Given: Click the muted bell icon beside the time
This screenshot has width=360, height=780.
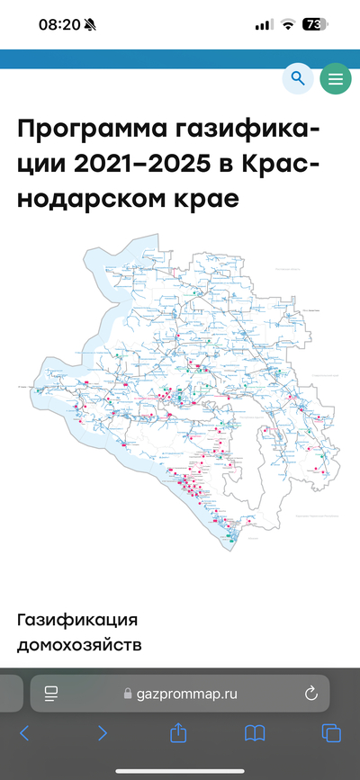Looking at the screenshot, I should coord(91,25).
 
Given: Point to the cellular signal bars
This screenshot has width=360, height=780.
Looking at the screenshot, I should coord(264,25).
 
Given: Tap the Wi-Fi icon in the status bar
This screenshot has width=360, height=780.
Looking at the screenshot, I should coord(288,25).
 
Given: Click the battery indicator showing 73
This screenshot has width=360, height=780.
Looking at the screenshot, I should coord(315,25).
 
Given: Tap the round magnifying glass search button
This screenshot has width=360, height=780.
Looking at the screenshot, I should coord(298,79).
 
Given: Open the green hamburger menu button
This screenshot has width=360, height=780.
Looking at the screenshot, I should coord(336,79).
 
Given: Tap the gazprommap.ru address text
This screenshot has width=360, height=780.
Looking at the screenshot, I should coord(186,694).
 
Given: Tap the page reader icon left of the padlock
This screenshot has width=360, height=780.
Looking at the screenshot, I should coord(51,693).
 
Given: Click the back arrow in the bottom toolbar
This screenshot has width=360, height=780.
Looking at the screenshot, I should coord(24,733).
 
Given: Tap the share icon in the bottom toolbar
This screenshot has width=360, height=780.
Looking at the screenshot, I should coord(178,732).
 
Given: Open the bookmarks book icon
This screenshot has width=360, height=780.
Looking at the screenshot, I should coord(256,733).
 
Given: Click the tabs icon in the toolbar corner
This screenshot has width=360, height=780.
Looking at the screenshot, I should coord(332,733).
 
